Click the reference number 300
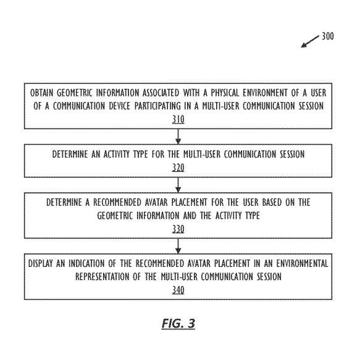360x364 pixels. click(327, 36)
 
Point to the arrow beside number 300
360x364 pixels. click(310, 41)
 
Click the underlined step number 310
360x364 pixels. click(178, 119)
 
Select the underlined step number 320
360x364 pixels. click(178, 167)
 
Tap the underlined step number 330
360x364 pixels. click(178, 229)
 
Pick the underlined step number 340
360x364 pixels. click(178, 290)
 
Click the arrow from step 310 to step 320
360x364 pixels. click(178, 137)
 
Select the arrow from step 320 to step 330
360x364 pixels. click(178, 185)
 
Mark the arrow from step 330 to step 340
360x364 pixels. click(178, 246)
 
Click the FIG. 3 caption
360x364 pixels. click(178, 323)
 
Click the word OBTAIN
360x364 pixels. click(42, 93)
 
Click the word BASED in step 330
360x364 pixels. click(272, 202)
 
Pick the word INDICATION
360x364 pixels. click(86, 263)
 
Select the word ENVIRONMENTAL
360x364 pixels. click(302, 263)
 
